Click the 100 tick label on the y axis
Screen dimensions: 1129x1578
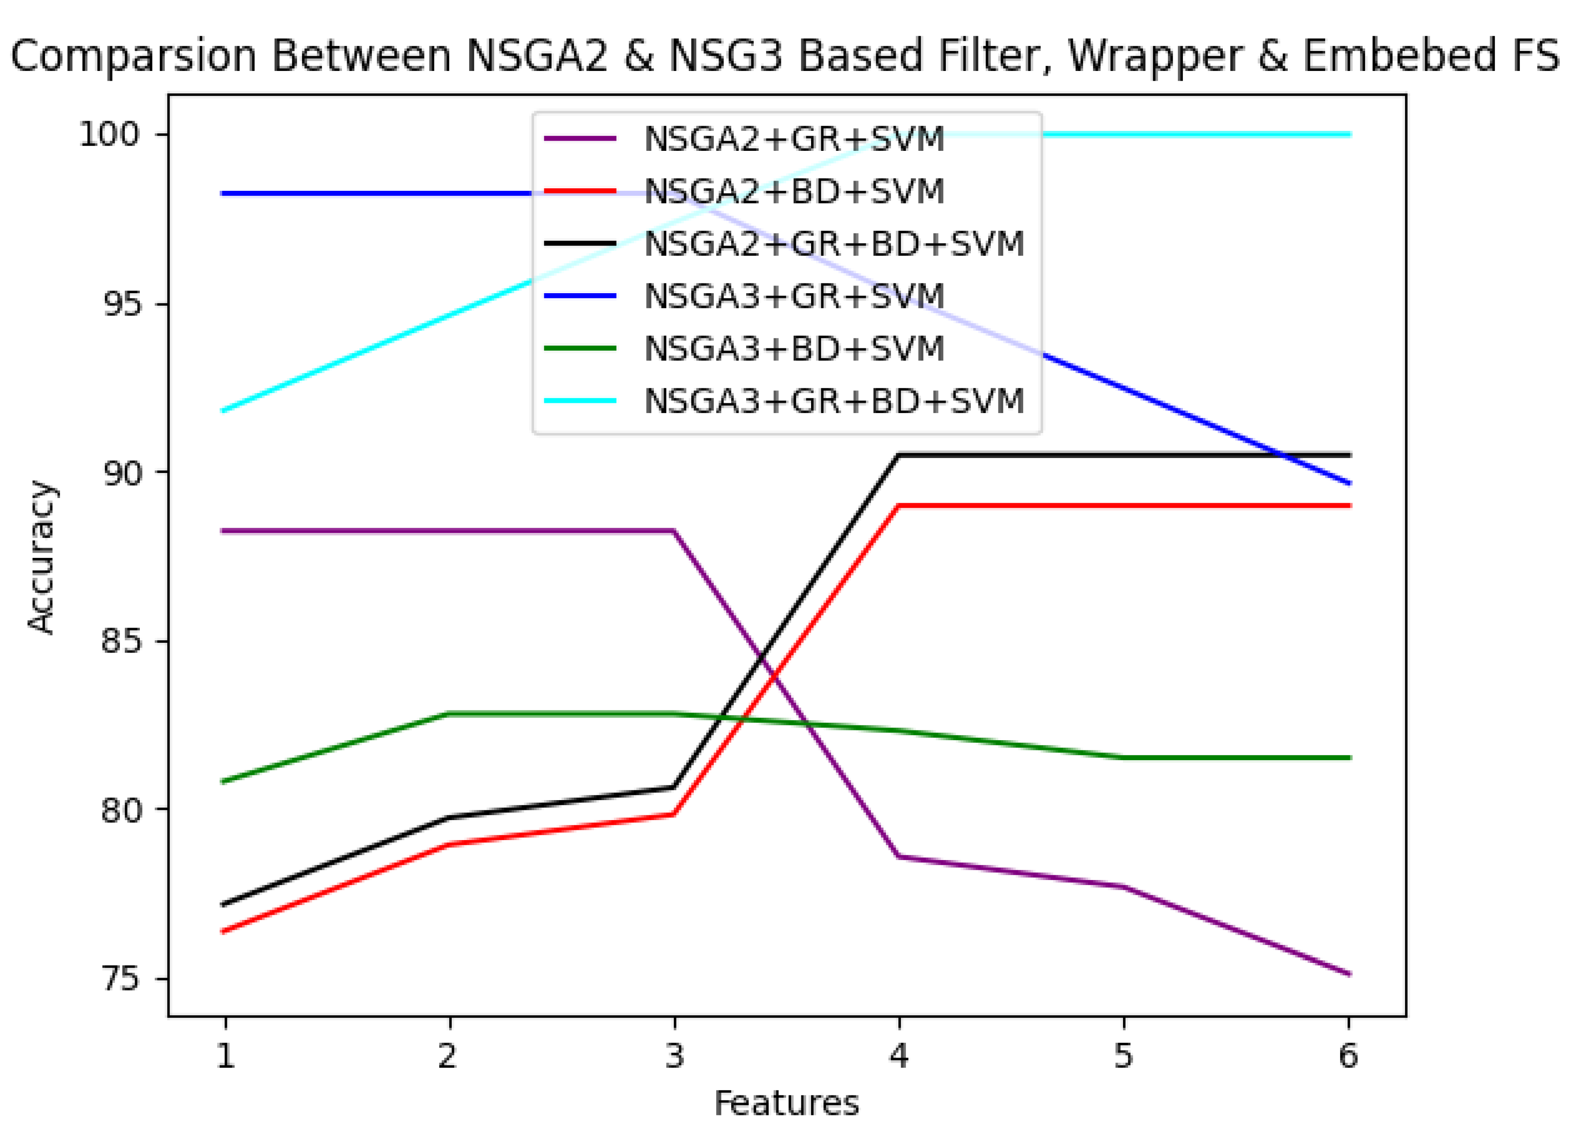point(110,134)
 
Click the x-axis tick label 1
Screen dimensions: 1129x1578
point(224,1055)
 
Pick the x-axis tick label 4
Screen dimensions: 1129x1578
point(899,1055)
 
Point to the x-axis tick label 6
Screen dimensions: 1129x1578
point(1349,1055)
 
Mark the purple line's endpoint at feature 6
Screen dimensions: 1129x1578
point(1349,974)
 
